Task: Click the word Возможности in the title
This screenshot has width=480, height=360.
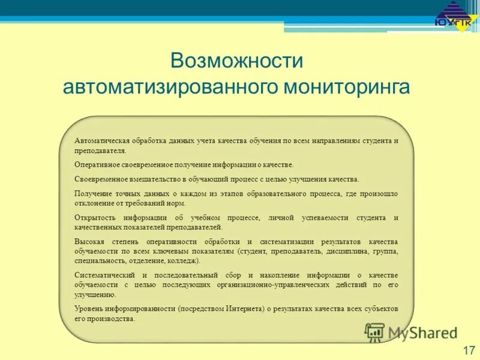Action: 237,61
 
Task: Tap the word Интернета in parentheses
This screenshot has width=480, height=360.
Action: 242,308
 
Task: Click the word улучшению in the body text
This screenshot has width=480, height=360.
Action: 95,295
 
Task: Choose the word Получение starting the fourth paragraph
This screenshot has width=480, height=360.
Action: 93,194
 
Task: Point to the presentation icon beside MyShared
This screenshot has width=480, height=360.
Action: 375,332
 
